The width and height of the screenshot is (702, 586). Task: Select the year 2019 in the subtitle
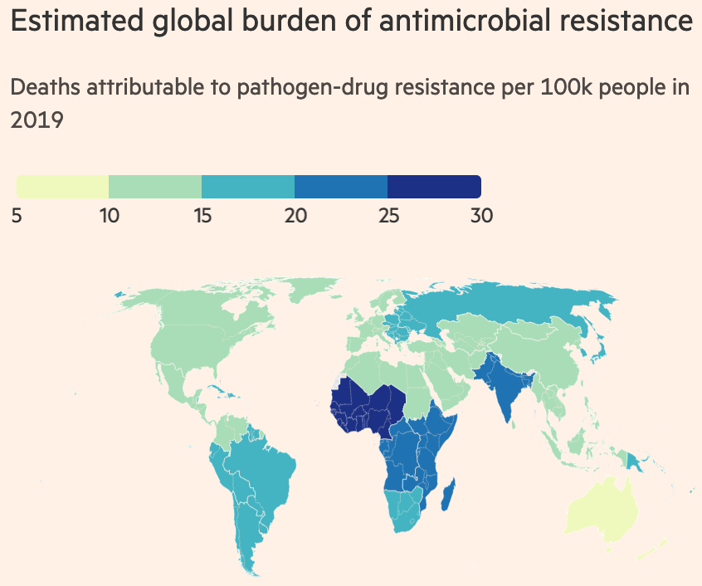point(37,120)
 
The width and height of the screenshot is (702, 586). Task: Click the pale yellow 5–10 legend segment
point(63,187)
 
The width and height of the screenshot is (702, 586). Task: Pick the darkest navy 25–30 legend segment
point(434,187)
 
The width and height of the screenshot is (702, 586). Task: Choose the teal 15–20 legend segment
point(248,187)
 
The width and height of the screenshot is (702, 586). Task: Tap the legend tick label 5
point(17,216)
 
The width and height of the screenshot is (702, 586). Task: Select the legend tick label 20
point(295,216)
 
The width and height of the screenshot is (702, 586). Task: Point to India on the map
point(504,390)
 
